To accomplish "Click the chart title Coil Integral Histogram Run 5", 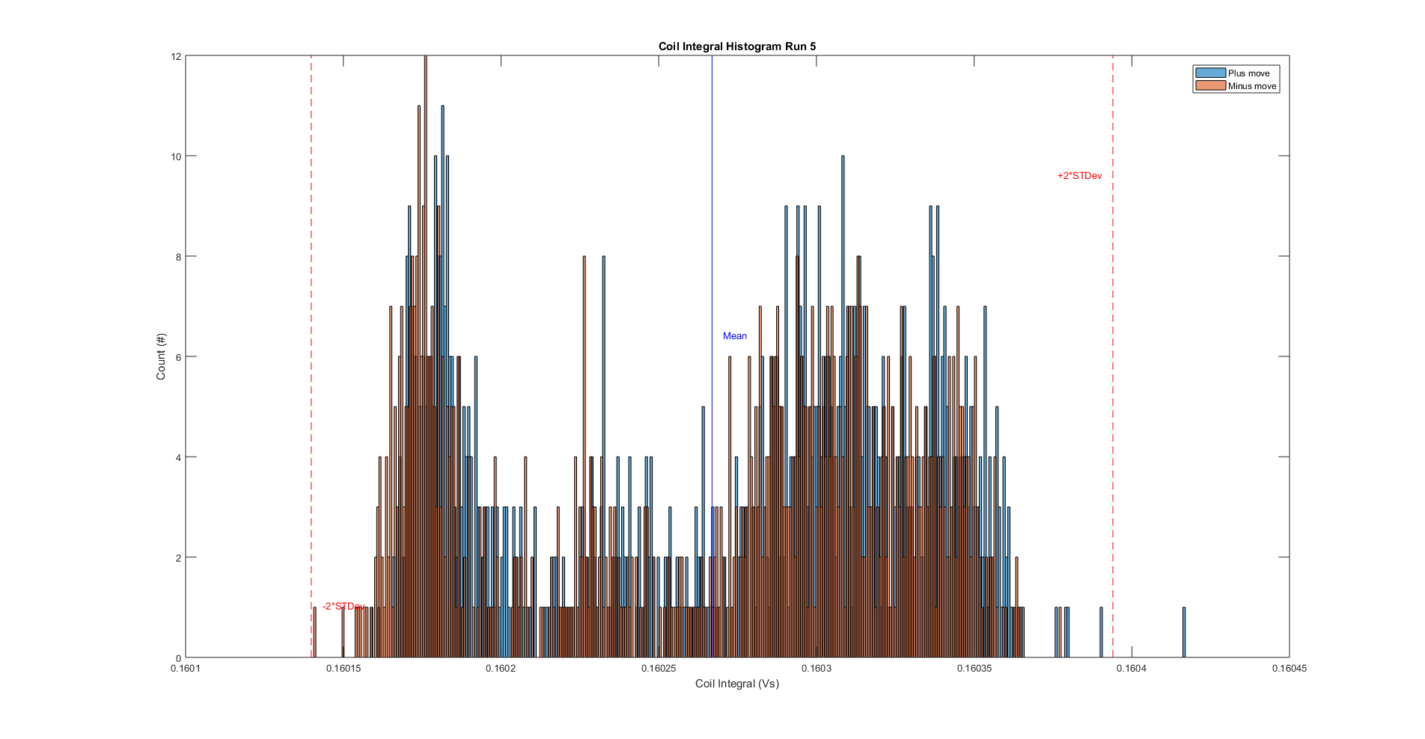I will click(x=736, y=46).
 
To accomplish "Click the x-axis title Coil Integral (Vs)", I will click(x=736, y=684).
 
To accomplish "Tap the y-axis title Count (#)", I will click(x=161, y=356).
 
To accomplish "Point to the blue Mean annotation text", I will click(x=734, y=336).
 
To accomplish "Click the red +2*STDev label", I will click(x=1079, y=176).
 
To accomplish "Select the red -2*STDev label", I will click(x=344, y=606).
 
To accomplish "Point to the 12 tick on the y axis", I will click(x=176, y=56).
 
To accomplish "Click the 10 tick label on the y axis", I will click(x=176, y=156).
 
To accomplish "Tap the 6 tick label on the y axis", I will click(x=178, y=357).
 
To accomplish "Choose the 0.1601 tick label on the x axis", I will click(x=186, y=669).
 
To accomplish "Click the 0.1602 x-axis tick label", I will click(x=501, y=669).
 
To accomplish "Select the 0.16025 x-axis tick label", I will click(x=659, y=669).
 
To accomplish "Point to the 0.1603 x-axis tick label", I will click(x=816, y=669).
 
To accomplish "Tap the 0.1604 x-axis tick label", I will click(x=1131, y=669).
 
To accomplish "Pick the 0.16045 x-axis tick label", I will click(x=1289, y=669).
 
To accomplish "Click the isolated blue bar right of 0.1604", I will click(x=1184, y=633).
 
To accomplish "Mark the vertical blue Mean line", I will click(x=712, y=225).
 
